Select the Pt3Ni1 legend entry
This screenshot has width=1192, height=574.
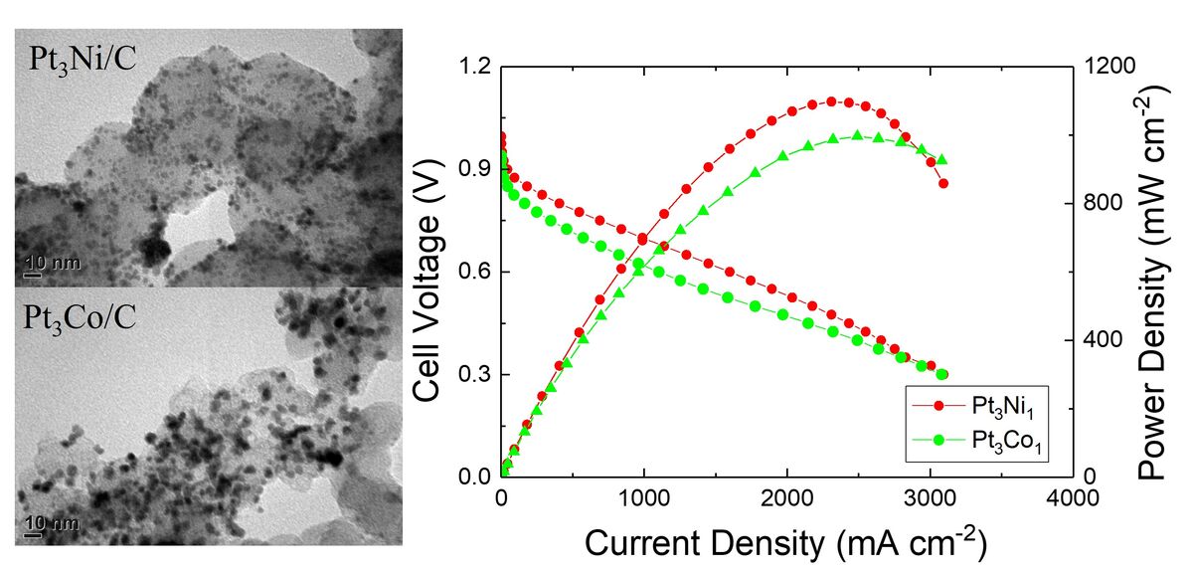point(974,406)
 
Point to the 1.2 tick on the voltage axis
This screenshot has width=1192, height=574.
point(475,67)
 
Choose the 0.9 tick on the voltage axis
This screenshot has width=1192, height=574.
point(475,169)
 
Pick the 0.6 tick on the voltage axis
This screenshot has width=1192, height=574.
point(475,273)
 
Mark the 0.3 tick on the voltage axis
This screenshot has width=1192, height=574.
point(475,375)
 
